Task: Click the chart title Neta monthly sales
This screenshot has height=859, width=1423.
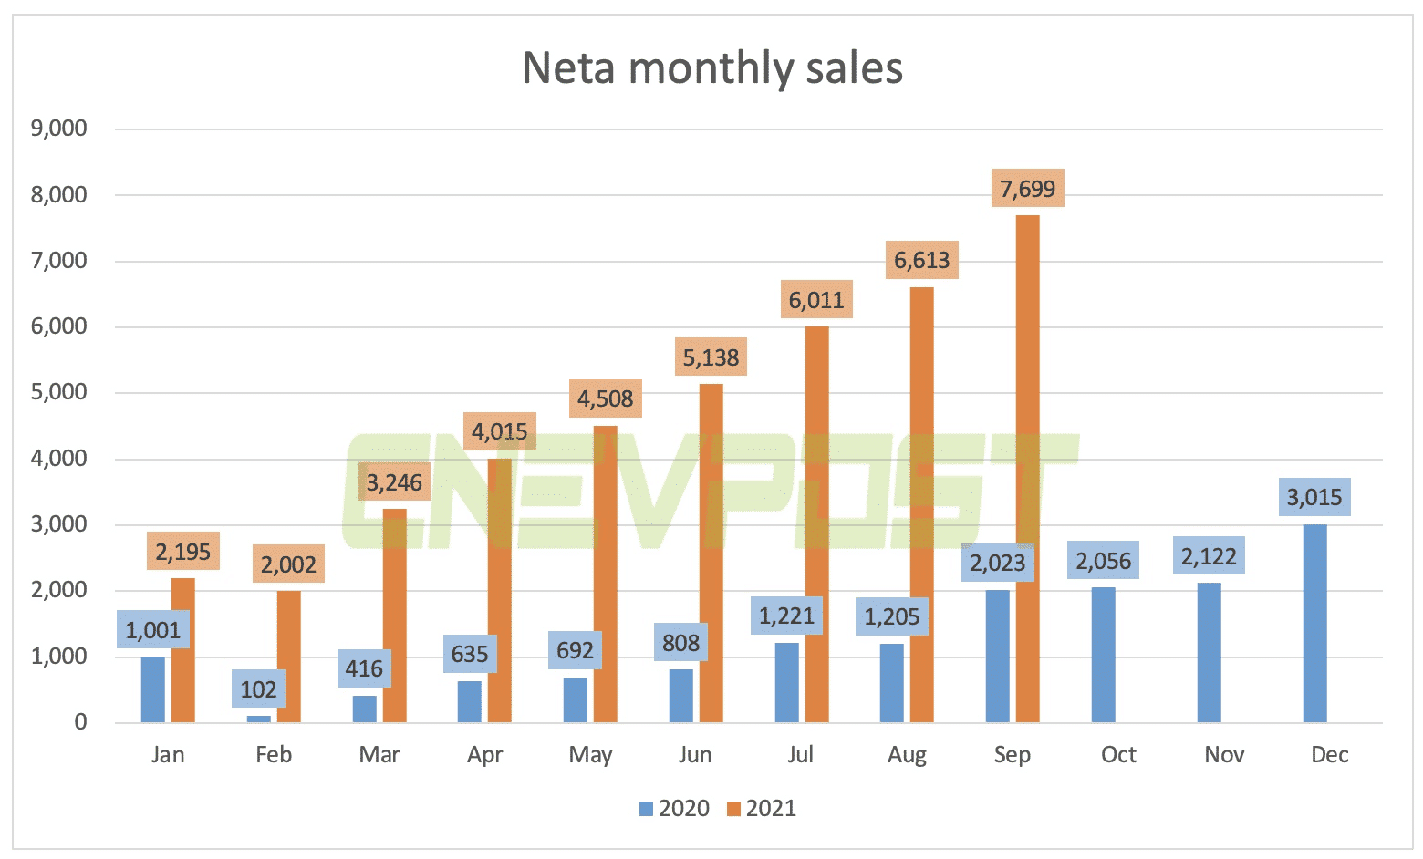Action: [x=711, y=68]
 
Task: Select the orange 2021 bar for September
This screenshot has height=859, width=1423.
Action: [x=1027, y=474]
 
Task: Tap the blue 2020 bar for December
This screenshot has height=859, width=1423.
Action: [x=1314, y=625]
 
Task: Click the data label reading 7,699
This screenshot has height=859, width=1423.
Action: [x=1027, y=189]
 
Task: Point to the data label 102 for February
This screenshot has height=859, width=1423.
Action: [x=258, y=689]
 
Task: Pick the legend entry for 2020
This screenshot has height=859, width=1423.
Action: [x=675, y=809]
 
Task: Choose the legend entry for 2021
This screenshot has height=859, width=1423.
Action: [x=762, y=809]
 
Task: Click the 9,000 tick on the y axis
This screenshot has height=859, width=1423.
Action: [x=59, y=129]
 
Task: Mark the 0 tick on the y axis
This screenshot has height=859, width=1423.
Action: [x=80, y=722]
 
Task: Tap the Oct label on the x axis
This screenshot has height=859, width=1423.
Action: [x=1118, y=755]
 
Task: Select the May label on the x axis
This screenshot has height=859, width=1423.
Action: [x=590, y=755]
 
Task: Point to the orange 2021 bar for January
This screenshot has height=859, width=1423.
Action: [x=183, y=650]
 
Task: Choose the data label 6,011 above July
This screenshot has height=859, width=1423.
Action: [x=816, y=300]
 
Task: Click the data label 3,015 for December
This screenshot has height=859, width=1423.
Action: [x=1314, y=497]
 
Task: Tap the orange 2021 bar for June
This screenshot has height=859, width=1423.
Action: [x=711, y=556]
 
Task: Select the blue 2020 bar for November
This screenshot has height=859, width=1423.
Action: [x=1209, y=653]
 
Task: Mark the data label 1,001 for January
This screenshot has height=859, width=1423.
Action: [x=153, y=630]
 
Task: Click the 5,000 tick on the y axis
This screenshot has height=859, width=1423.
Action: [x=59, y=392]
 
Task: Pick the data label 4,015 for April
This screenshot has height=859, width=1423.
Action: [x=500, y=431]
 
